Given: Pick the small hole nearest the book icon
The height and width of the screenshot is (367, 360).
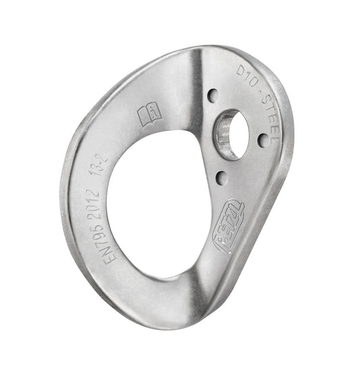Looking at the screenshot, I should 211,95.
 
